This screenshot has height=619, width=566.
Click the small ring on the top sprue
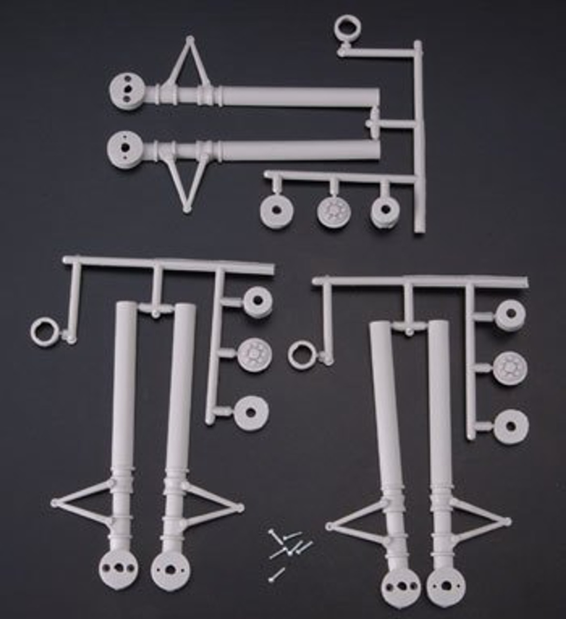pos(344,29)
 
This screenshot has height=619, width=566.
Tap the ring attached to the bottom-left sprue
pos(44,332)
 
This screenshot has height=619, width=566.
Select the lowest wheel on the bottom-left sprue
pos(251,413)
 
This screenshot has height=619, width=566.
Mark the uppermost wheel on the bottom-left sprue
pos(256,301)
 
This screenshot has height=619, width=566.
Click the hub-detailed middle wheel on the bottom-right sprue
pos(510,368)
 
